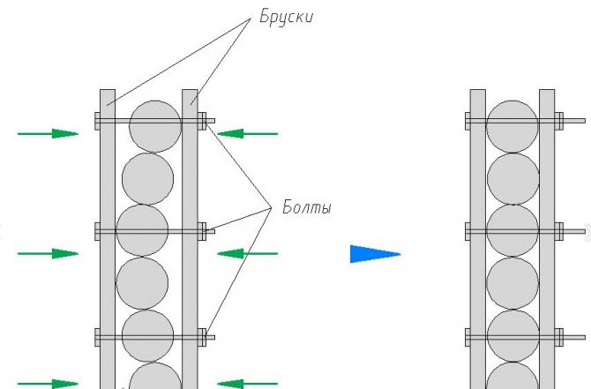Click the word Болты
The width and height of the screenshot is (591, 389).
(x=308, y=209)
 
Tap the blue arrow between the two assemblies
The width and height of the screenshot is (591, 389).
(x=375, y=254)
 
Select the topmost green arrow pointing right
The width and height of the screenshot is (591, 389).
(x=49, y=134)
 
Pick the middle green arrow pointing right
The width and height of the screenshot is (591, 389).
(x=49, y=254)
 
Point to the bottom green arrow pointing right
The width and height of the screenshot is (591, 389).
(x=49, y=383)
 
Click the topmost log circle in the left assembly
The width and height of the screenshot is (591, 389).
(x=155, y=126)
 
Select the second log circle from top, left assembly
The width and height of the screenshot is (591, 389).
(x=147, y=178)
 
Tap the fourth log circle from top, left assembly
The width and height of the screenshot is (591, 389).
(x=142, y=282)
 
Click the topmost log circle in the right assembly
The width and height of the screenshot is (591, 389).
(x=512, y=126)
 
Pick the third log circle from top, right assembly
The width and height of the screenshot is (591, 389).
(x=512, y=230)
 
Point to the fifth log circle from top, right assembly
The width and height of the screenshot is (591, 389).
(x=512, y=335)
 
